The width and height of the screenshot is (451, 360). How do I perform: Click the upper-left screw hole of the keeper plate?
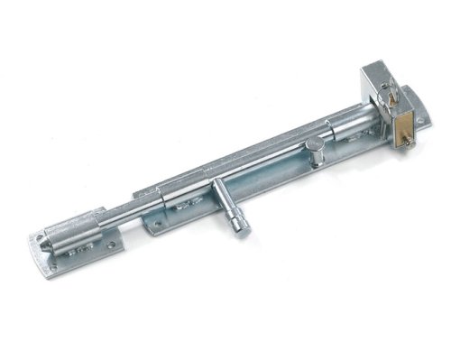pyautogui.click(x=41, y=241)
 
